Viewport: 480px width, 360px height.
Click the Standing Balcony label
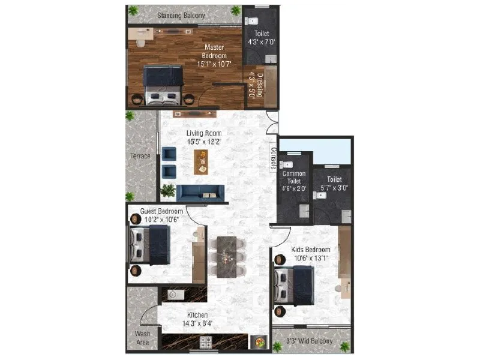point(181,15)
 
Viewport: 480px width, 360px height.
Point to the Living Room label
point(204,133)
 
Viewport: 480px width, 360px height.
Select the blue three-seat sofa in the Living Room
point(201,192)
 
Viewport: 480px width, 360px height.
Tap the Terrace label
point(140,157)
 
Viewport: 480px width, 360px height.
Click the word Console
point(273,160)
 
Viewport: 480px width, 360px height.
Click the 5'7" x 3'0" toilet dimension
point(334,188)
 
